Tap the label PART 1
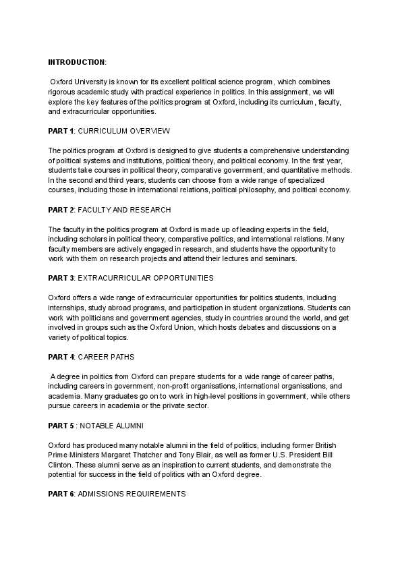(61, 130)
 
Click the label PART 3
(61, 277)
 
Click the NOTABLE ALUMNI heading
(115, 426)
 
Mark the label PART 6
(61, 494)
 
